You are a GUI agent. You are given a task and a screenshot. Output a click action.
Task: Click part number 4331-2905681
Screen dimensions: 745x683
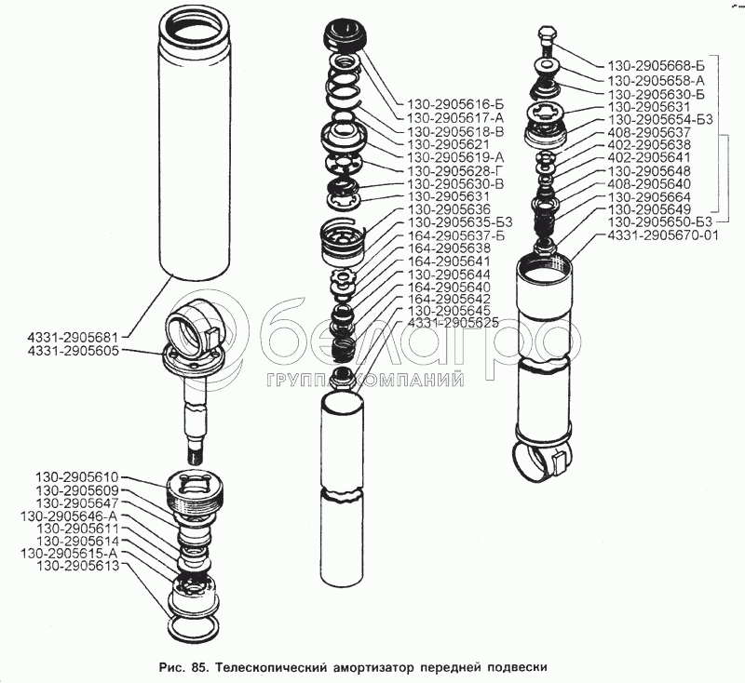pyautogui.click(x=73, y=338)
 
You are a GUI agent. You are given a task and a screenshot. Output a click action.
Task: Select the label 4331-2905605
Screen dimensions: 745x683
pyautogui.click(x=73, y=351)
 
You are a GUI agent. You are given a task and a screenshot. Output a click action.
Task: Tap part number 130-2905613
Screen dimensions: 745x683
pyautogui.click(x=77, y=566)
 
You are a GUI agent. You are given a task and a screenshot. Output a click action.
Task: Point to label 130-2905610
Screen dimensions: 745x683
pyautogui.click(x=77, y=476)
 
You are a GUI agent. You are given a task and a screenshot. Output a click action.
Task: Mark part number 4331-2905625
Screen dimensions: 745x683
pyautogui.click(x=454, y=323)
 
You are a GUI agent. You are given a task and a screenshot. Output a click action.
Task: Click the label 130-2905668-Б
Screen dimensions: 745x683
pyautogui.click(x=657, y=66)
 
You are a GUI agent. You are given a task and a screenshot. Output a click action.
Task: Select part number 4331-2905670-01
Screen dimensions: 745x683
pyautogui.click(x=663, y=234)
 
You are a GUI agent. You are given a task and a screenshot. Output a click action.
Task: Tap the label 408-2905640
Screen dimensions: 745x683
pyautogui.click(x=649, y=183)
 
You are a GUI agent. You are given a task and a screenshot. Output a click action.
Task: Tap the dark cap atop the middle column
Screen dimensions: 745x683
pyautogui.click(x=344, y=35)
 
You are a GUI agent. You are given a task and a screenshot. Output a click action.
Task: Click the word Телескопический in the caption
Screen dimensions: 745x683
pyautogui.click(x=272, y=667)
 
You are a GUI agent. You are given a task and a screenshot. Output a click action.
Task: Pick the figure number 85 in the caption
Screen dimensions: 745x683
pyautogui.click(x=198, y=667)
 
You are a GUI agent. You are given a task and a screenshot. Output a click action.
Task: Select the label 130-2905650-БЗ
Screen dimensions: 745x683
pyautogui.click(x=660, y=222)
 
